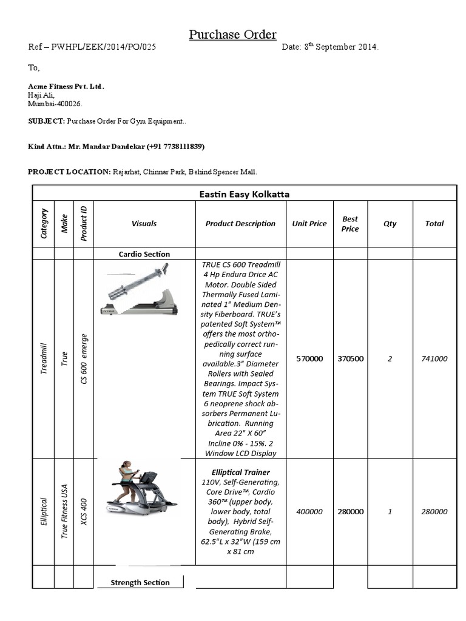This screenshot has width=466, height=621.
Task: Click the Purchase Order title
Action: click(x=232, y=35)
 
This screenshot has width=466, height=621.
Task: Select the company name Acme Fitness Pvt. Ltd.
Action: click(x=66, y=87)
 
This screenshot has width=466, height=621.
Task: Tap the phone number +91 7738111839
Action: click(x=175, y=147)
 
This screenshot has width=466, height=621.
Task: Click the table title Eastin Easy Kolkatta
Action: click(x=244, y=194)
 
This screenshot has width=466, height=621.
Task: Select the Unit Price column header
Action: click(x=309, y=224)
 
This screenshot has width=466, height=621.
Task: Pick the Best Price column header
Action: click(x=350, y=224)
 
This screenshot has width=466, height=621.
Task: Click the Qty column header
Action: click(x=390, y=224)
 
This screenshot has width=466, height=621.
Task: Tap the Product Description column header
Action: click(x=240, y=224)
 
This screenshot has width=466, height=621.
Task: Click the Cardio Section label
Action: click(x=144, y=254)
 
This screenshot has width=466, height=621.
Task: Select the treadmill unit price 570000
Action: click(x=309, y=358)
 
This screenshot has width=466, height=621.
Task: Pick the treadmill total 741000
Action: click(x=434, y=358)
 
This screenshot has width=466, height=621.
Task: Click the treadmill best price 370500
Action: click(x=350, y=358)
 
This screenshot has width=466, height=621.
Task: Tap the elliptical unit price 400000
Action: click(x=309, y=511)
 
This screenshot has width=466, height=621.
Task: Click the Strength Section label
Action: click(x=140, y=583)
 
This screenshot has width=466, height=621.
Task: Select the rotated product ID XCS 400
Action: click(x=84, y=512)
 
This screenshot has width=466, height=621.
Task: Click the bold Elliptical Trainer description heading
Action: click(x=240, y=472)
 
